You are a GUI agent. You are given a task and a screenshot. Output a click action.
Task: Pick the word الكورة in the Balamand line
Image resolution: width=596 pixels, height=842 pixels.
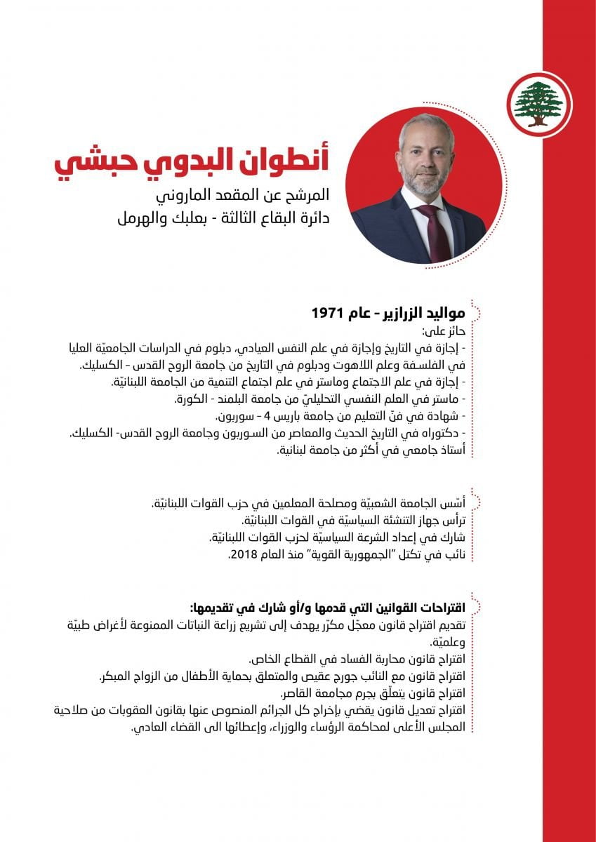[x=193, y=400]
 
